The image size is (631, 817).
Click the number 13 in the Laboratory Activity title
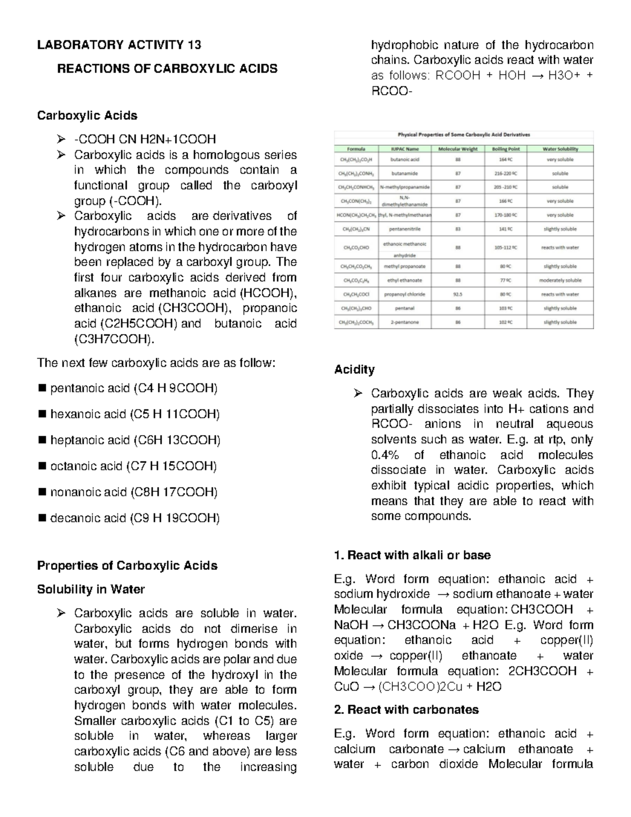coord(194,45)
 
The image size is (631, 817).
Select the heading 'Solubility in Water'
coord(91,589)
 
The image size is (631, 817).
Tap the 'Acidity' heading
coord(354,369)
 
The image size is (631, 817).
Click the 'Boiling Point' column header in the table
coord(506,149)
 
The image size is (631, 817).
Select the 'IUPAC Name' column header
coord(404,149)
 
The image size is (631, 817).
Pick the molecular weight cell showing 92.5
coord(457,295)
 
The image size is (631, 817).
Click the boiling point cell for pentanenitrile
coord(506,229)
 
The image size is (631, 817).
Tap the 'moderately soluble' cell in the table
coord(560,280)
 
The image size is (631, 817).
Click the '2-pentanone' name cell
coord(404,322)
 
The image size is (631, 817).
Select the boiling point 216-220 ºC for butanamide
coord(506,173)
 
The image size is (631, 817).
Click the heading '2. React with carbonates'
coord(406,710)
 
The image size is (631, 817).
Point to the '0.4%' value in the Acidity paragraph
coord(385,455)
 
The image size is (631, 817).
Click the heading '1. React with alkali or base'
coord(412,555)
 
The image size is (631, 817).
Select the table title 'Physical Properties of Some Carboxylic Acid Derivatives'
coord(464,135)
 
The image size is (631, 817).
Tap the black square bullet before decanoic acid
coord(43,518)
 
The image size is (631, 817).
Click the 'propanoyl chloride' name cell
coord(404,295)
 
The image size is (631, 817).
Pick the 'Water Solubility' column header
coord(560,149)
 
